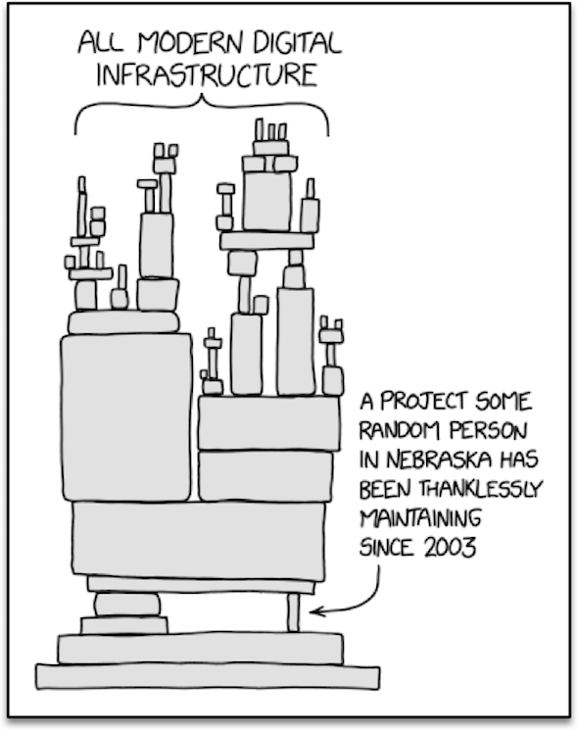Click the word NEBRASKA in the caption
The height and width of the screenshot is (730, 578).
[x=439, y=460]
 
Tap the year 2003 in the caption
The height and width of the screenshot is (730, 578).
[x=450, y=548]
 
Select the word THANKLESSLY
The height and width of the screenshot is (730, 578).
[x=481, y=489]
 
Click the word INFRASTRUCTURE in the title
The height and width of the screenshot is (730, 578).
[x=207, y=75]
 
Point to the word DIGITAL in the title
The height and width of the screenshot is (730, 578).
[x=298, y=43]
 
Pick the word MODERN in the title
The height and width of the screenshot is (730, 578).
[x=190, y=43]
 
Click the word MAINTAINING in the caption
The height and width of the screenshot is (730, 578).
[x=420, y=518]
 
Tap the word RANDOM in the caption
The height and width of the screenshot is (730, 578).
[x=399, y=430]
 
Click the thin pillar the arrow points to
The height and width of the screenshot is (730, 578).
[x=293, y=612]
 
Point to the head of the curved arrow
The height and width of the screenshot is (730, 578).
[x=311, y=611]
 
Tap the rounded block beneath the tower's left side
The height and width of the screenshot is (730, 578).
[x=127, y=606]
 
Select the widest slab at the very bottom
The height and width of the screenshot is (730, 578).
[x=208, y=676]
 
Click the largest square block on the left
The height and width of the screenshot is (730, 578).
[x=126, y=417]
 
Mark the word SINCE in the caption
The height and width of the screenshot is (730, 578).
[x=386, y=548]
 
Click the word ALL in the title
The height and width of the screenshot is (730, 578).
[x=101, y=43]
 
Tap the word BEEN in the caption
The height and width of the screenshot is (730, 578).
[x=385, y=489]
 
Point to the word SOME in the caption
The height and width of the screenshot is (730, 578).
[x=504, y=402]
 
